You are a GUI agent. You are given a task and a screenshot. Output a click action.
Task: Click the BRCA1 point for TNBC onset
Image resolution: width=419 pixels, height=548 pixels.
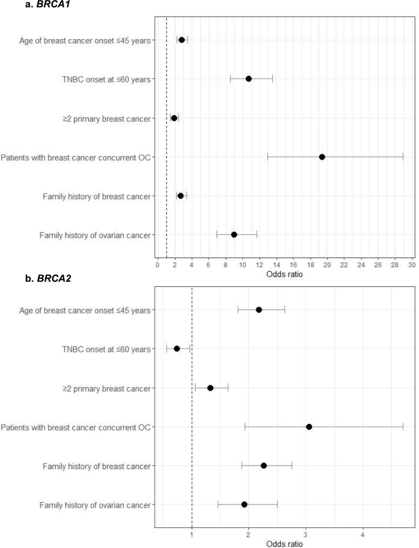248,79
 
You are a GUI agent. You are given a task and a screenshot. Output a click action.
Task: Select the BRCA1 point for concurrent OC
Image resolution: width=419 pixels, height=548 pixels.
322,157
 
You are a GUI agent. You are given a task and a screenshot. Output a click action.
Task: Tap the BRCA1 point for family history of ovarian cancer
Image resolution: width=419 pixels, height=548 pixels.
234,234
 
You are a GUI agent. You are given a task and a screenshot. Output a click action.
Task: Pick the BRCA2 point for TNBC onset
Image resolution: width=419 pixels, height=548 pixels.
177,349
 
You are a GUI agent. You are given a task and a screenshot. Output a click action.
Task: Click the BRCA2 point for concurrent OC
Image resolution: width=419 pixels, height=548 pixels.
309,427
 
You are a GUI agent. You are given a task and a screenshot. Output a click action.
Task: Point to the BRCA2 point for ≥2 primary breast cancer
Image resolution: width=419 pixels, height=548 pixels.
210,388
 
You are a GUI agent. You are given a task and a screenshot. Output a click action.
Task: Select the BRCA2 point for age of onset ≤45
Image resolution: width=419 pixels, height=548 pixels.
259,309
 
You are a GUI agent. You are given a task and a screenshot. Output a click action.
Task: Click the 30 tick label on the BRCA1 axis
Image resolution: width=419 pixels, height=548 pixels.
412,265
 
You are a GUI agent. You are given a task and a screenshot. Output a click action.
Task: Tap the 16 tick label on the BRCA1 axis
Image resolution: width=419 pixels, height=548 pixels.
293,265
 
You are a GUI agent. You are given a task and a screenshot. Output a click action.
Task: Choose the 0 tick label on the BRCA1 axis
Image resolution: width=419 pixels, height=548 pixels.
157,265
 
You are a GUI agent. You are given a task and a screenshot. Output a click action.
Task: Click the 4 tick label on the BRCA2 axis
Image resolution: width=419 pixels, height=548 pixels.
363,535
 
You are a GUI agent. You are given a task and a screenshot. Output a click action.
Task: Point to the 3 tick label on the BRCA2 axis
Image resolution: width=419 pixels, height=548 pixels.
306,535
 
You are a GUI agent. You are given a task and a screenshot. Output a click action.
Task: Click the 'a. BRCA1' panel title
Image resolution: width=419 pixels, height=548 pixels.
48,4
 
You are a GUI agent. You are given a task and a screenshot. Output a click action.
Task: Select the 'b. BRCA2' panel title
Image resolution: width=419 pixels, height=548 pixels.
48,278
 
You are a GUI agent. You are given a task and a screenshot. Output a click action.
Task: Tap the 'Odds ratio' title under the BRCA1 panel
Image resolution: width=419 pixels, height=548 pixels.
284,275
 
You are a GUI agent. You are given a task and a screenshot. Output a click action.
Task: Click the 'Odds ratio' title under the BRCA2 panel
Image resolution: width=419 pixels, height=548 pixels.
284,544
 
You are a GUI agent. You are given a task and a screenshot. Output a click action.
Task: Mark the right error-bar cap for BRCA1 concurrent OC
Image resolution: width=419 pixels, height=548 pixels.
403,157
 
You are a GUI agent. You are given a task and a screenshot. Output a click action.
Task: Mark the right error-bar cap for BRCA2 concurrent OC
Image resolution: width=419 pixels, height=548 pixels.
403,427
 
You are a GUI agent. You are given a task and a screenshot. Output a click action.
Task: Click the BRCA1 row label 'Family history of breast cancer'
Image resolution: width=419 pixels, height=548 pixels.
97,196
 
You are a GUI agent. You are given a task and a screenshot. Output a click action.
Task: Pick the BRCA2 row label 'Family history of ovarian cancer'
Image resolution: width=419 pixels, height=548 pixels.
95,505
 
